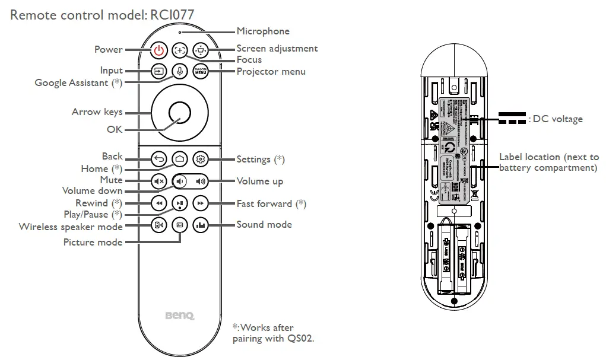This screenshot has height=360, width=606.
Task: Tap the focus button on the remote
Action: [179, 50]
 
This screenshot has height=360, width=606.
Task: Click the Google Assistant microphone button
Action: [179, 71]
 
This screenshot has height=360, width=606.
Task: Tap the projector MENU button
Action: [201, 71]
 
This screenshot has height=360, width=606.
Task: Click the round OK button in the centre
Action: [179, 111]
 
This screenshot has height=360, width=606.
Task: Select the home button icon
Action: [179, 159]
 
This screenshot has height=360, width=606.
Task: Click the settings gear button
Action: [201, 159]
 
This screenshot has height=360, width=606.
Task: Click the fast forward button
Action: [201, 203]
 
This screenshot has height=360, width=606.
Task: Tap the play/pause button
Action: [179, 203]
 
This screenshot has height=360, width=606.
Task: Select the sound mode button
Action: [201, 225]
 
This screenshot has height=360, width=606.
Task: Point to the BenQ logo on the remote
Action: [179, 316]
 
